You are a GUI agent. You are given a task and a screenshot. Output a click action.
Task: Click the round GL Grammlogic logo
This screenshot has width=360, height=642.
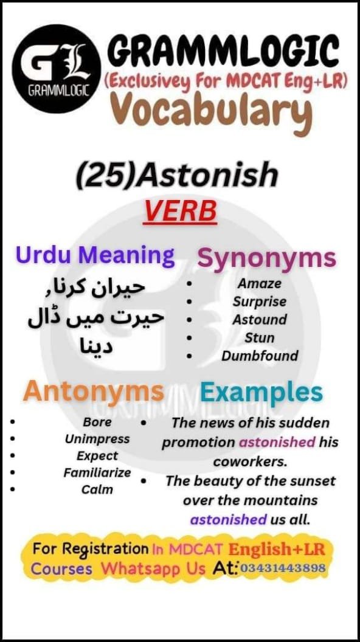point(55,67)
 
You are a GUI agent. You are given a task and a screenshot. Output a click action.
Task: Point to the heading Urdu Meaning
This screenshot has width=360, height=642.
point(95,255)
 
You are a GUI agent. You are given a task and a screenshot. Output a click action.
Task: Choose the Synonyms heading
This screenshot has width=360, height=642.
point(267,258)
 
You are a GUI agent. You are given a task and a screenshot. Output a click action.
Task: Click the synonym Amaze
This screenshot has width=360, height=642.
point(260,283)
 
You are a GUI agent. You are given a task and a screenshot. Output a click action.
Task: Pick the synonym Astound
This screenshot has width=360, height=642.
point(260,319)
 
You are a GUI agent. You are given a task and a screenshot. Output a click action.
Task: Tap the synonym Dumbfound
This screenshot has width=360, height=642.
point(260,356)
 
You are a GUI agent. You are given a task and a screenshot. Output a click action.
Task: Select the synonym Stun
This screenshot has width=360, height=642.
point(260,337)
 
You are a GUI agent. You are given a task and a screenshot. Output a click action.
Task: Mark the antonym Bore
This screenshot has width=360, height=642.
point(97,422)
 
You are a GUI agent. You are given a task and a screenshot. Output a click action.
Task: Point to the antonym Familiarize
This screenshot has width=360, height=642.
point(97,472)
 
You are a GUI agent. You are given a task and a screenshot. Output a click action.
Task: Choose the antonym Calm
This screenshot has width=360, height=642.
point(97,489)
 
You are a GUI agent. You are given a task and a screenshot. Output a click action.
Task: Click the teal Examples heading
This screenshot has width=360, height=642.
point(261,392)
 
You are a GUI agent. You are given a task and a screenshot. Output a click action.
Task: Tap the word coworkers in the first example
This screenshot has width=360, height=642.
point(250,461)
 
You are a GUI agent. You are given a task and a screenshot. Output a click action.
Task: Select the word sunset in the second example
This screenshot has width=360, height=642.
point(310,481)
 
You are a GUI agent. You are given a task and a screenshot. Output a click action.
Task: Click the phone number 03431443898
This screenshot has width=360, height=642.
point(283,568)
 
